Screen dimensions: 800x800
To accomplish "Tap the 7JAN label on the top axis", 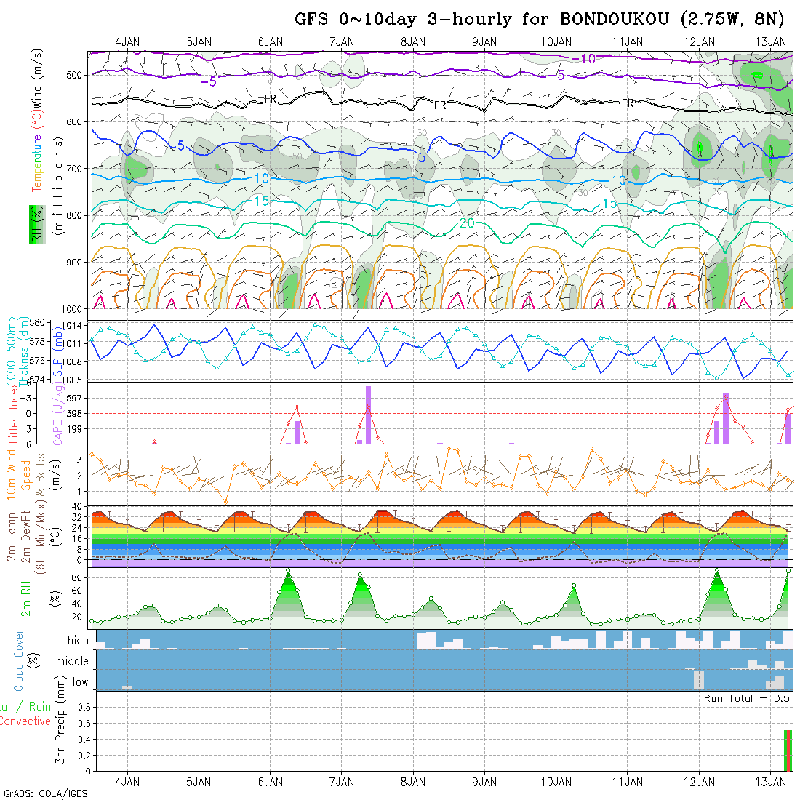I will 342,41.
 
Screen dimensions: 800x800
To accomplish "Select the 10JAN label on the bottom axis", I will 556,782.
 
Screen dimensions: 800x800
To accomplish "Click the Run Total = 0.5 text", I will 747,698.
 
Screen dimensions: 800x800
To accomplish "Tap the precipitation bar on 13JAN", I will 788,750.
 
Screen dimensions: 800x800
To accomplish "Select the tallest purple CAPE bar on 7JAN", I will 369,414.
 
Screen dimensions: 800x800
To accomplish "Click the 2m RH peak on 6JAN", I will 288,570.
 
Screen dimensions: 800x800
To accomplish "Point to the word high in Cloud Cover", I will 78,641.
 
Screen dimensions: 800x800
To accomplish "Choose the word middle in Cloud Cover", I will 72,662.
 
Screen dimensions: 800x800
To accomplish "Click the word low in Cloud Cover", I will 80,682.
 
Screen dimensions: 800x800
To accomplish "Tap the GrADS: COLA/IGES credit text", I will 45,793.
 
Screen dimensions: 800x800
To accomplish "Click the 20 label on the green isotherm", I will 467,223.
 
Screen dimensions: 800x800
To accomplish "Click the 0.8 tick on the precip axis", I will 82,707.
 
